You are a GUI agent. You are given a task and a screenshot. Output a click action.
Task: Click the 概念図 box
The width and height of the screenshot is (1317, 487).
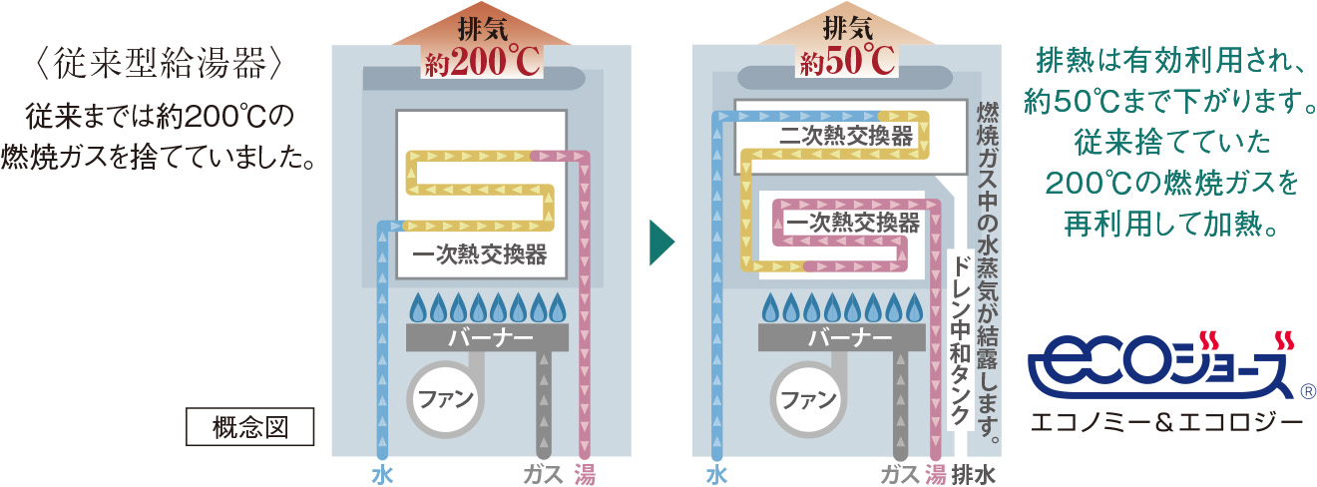pyautogui.click(x=249, y=426)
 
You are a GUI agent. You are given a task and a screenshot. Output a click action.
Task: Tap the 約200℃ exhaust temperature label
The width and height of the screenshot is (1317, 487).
pyautogui.click(x=482, y=61)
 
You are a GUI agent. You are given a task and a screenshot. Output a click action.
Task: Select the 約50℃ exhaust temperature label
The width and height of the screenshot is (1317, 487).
pyautogui.click(x=846, y=61)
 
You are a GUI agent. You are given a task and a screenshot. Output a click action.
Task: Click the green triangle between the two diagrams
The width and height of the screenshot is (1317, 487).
pyautogui.click(x=661, y=243)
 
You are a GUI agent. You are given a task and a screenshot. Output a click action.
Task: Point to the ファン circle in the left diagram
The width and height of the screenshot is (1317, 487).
pyautogui.click(x=445, y=399)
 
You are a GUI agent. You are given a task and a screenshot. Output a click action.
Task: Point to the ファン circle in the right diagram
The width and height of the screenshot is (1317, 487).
pyautogui.click(x=808, y=399)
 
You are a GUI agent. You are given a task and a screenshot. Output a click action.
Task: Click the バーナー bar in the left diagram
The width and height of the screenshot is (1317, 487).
pyautogui.click(x=488, y=337)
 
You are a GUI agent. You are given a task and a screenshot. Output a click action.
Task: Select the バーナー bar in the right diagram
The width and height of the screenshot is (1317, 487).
pyautogui.click(x=841, y=337)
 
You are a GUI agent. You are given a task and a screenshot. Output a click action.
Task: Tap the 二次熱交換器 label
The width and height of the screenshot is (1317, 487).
pyautogui.click(x=847, y=137)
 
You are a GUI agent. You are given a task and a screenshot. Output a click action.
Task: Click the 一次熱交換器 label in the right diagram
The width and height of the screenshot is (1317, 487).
pyautogui.click(x=852, y=223)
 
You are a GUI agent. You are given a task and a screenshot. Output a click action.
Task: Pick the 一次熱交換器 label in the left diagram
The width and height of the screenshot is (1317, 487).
pyautogui.click(x=480, y=254)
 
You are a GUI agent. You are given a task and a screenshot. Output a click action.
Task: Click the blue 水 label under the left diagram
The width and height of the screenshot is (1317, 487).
pyautogui.click(x=382, y=474)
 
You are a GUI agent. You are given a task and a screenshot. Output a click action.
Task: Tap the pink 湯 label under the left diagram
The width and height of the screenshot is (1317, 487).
pyautogui.click(x=585, y=474)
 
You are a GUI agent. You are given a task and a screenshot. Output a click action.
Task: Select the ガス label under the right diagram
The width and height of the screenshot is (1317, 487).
pyautogui.click(x=900, y=474)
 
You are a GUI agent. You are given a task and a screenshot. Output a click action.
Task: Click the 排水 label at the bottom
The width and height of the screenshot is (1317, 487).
pyautogui.click(x=974, y=474)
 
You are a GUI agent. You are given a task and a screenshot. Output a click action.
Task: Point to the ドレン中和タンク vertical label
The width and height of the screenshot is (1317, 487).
pyautogui.click(x=960, y=339)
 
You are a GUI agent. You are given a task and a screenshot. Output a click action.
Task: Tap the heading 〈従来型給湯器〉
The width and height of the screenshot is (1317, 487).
pyautogui.click(x=159, y=64)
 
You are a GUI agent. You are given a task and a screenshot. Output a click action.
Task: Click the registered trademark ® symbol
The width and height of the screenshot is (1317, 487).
pyautogui.click(x=1308, y=391)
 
